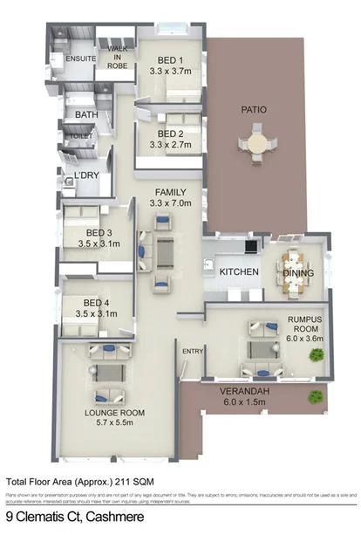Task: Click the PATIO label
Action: pos(254,110)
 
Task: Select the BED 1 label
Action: pos(168,61)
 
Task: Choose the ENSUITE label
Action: pos(67,58)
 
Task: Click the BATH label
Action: pos(86,115)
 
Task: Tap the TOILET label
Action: pos(82,136)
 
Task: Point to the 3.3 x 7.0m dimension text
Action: pos(169,203)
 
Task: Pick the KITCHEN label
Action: pos(239,272)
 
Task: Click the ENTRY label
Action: pos(192,351)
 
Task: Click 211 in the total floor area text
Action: pos(104,480)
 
